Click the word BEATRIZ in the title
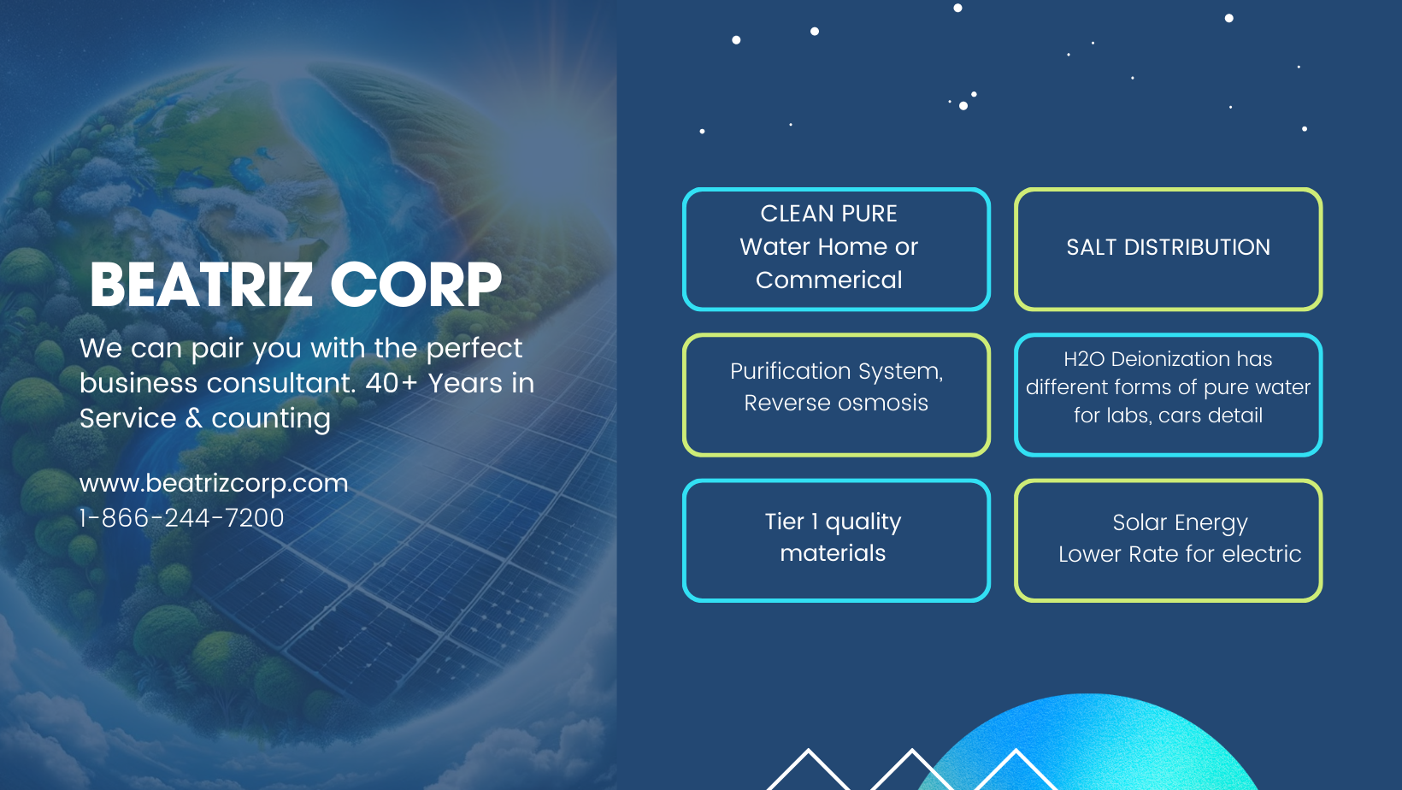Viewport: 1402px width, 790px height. [x=201, y=285]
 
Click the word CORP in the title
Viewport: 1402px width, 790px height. [x=415, y=285]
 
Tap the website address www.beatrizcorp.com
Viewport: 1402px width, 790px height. [x=214, y=484]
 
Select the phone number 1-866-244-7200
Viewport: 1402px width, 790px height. [x=181, y=518]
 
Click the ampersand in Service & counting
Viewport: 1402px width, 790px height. [x=194, y=418]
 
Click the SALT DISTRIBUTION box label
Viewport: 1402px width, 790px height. [x=1168, y=247]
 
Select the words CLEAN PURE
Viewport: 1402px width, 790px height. [x=828, y=214]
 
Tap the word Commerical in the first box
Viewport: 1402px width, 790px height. [x=828, y=280]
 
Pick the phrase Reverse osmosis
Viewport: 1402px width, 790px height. [x=835, y=403]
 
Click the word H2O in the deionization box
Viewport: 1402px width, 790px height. [x=1084, y=359]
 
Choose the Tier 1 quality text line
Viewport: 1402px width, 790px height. [x=833, y=522]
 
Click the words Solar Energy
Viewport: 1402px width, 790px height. [x=1180, y=522]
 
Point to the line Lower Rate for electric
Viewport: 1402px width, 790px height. [x=1180, y=554]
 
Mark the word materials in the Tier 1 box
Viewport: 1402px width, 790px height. [x=833, y=553]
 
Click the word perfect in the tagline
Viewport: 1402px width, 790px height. [x=474, y=349]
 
